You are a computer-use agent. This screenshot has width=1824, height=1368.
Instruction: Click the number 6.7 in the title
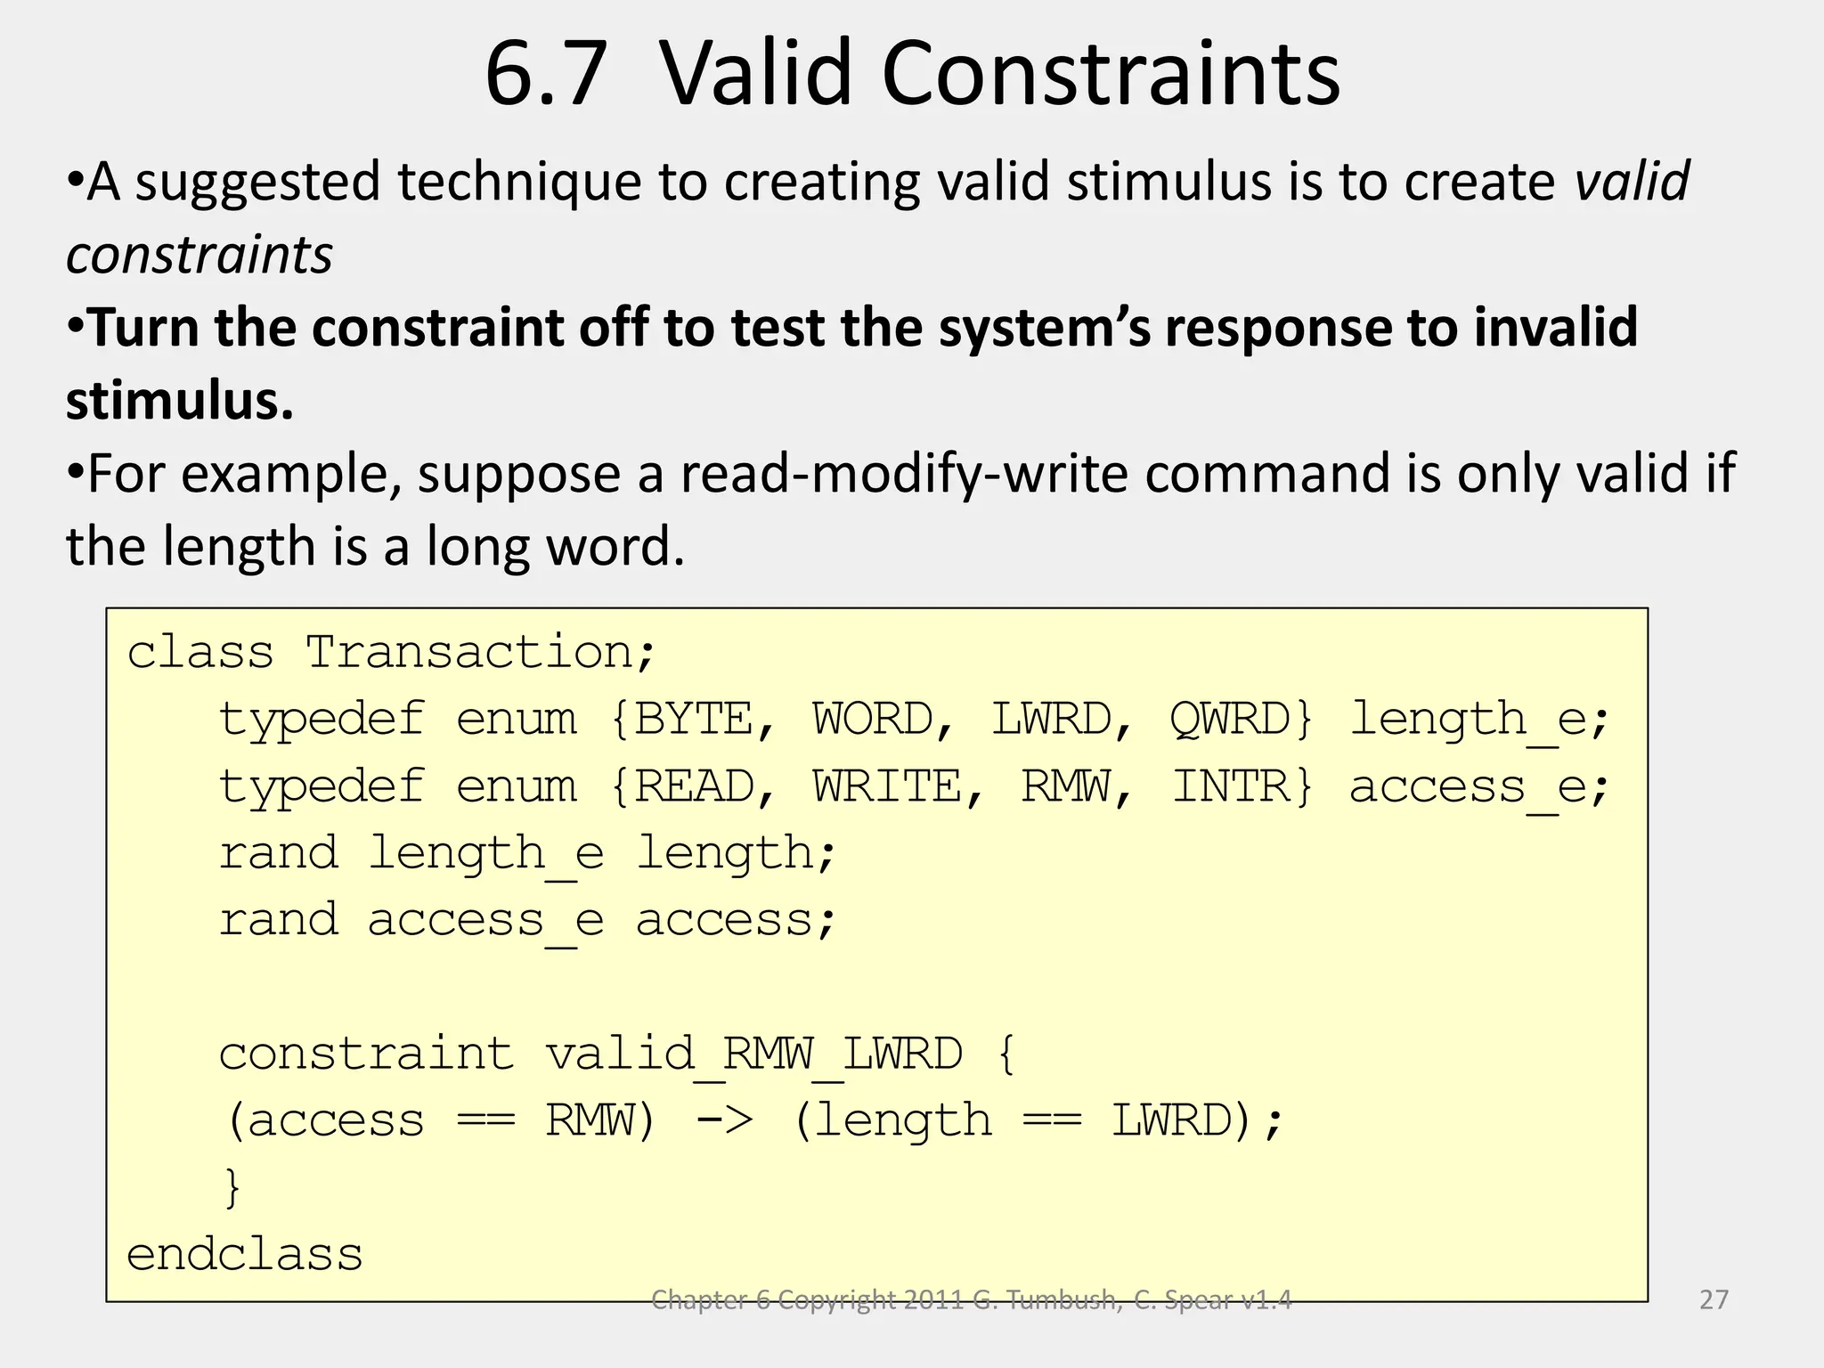(x=545, y=74)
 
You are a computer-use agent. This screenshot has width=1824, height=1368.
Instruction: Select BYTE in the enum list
(x=694, y=719)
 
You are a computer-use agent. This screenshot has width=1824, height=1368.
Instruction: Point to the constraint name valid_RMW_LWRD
(x=753, y=1054)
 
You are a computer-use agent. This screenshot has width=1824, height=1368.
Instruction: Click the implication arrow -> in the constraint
(x=724, y=1120)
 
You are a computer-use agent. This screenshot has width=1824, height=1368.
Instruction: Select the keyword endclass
(x=245, y=1254)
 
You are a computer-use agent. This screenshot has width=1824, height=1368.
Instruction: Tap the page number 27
(x=1714, y=1299)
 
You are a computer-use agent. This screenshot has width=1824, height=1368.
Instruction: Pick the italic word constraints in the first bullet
(x=199, y=255)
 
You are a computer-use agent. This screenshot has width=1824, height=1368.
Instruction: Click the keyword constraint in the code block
(x=366, y=1054)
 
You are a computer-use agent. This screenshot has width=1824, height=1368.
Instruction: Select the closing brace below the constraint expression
(x=233, y=1188)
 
